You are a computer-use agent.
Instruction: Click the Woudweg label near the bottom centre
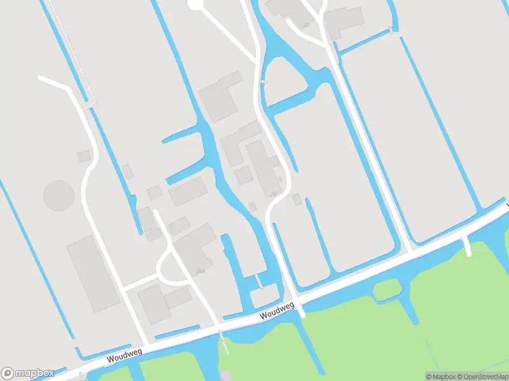tap(277, 311)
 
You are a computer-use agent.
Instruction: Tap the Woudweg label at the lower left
tap(124, 356)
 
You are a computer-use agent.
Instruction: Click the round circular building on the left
tap(59, 196)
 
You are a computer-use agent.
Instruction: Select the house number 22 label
tap(274, 194)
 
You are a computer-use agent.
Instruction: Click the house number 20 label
tap(306, 25)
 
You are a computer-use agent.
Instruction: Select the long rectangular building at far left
tap(94, 274)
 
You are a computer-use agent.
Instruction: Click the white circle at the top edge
tap(195, 4)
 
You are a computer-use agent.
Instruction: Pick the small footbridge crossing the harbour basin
tap(258, 281)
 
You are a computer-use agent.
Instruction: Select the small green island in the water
tap(386, 290)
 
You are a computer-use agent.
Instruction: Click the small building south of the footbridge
tap(264, 295)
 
